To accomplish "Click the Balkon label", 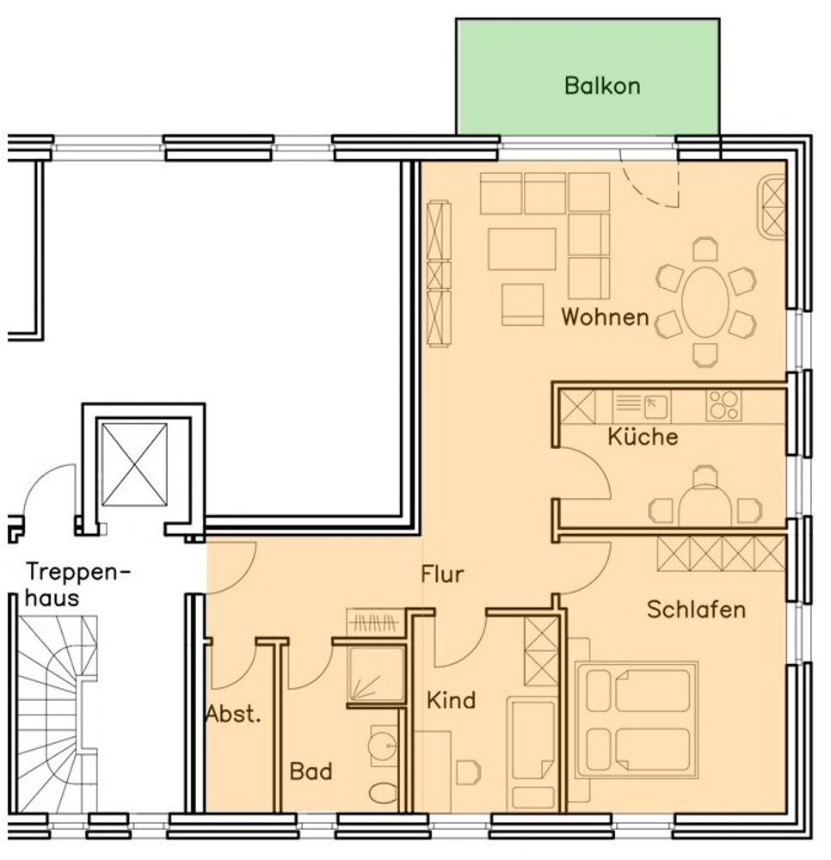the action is click(602, 86).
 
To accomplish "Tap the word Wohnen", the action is click(605, 317).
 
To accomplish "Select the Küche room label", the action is click(643, 437).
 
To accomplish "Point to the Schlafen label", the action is click(696, 610).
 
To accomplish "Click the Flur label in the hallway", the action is click(442, 574).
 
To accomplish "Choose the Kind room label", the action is click(451, 700).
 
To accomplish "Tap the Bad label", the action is click(311, 771).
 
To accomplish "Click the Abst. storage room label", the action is click(233, 714).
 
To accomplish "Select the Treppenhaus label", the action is click(78, 585).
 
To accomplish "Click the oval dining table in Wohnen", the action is click(705, 302).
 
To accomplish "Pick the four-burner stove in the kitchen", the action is click(723, 406).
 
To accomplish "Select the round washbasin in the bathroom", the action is click(383, 746).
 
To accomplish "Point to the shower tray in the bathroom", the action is click(376, 674).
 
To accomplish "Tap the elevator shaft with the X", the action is click(134, 464).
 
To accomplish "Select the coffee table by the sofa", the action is click(521, 249).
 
